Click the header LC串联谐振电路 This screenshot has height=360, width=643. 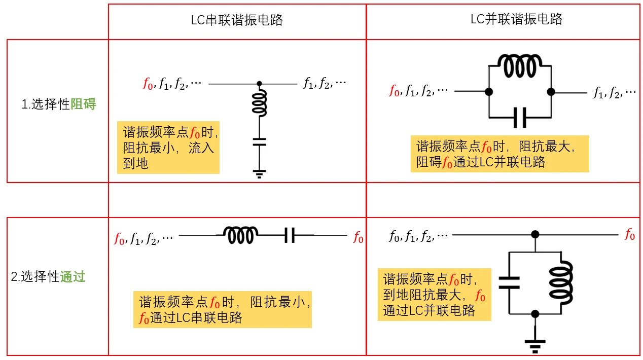click(237, 20)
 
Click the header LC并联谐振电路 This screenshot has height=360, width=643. click(516, 19)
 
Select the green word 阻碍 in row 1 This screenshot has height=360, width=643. click(83, 103)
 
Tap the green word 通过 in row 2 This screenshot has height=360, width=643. click(73, 276)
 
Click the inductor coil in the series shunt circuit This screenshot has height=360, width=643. click(260, 103)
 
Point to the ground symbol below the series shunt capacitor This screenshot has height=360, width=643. click(259, 174)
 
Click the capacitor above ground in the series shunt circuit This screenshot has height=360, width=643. click(259, 142)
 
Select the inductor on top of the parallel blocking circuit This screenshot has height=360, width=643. click(520, 66)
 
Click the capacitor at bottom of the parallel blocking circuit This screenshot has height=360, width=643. click(520, 118)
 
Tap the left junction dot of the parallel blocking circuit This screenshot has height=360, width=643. click(489, 92)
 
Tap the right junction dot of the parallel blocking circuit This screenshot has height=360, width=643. click(551, 92)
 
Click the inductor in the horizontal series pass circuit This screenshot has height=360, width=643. click(240, 235)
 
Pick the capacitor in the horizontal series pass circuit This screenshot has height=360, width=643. click(290, 235)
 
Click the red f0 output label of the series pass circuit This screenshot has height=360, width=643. click(358, 237)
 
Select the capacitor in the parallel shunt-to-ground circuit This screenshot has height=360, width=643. click(509, 283)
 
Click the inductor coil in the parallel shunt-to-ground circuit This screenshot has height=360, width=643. click(561, 283)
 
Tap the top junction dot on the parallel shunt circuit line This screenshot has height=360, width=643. click(535, 235)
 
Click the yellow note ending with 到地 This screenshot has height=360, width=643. click(168, 148)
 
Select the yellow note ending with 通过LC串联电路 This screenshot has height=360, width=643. click(223, 309)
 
